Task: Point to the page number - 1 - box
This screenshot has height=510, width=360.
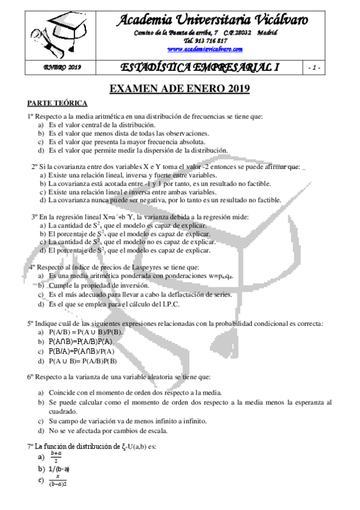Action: click(313, 67)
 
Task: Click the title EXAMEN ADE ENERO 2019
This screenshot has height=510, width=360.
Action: click(180, 89)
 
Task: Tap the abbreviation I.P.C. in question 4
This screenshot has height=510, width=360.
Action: click(171, 304)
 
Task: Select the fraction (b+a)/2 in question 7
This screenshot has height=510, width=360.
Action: click(56, 458)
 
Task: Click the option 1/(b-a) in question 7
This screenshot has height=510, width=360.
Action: click(59, 469)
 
